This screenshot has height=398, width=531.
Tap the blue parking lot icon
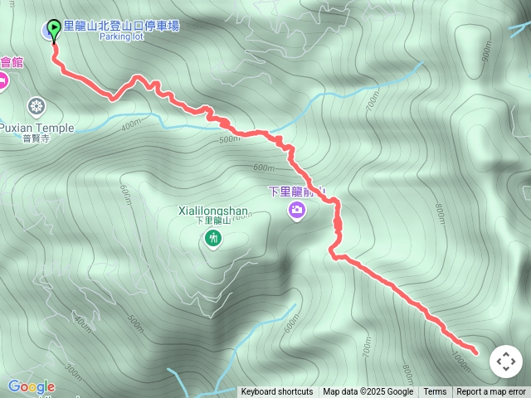tap(46, 32)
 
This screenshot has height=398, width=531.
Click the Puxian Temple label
tap(37, 128)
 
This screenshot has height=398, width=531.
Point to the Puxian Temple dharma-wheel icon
tap(36, 106)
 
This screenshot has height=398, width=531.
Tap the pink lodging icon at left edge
tap(2, 80)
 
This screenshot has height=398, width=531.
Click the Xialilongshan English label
tap(213, 211)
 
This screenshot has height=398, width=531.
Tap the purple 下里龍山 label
tap(296, 191)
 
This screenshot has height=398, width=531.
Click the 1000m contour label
tap(461, 358)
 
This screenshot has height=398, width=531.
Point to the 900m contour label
tap(486, 52)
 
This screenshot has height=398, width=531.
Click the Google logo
tap(32, 386)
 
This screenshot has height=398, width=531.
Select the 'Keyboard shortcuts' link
tap(277, 392)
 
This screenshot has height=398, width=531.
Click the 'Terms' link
tap(435, 392)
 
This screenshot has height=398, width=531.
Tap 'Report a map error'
tap(491, 392)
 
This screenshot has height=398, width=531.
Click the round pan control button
tap(506, 362)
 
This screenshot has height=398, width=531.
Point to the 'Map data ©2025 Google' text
tap(368, 392)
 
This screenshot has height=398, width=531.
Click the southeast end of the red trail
tap(475, 352)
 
